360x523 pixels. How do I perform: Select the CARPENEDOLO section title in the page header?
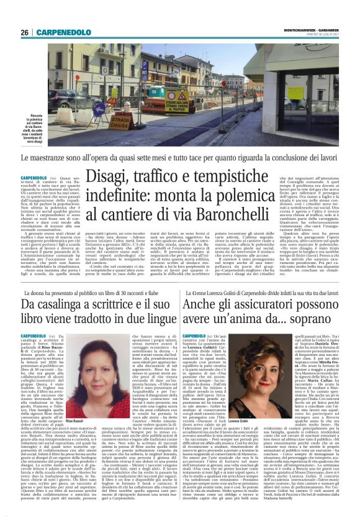[x=62, y=32]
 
